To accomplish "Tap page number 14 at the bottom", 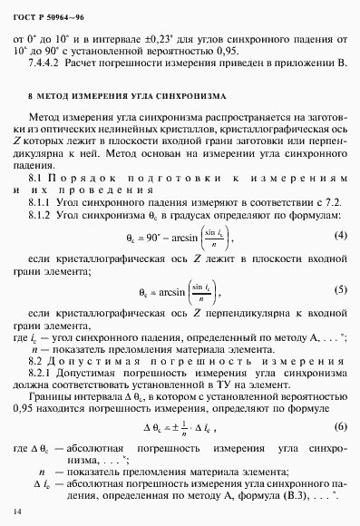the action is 17,512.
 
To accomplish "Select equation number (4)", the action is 341,236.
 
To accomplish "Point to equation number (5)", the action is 341,293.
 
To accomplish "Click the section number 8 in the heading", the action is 32,94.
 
